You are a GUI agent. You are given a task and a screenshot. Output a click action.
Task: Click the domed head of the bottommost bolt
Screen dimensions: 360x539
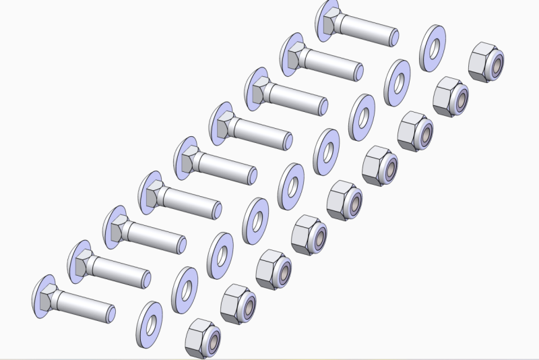(x=42, y=291)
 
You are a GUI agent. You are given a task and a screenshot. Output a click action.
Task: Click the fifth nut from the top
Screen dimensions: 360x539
(x=344, y=200)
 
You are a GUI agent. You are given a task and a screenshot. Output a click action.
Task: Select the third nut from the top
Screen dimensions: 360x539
(x=415, y=130)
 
